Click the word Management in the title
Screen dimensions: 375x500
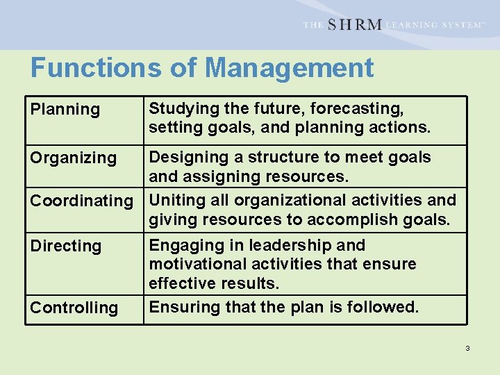290,68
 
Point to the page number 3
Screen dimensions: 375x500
467,347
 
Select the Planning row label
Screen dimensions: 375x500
65,109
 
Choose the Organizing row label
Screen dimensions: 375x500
73,158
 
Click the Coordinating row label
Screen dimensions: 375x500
81,201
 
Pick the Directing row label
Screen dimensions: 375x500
65,246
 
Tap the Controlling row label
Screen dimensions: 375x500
74,308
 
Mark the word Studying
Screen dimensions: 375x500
181,108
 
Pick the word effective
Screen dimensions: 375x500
180,283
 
